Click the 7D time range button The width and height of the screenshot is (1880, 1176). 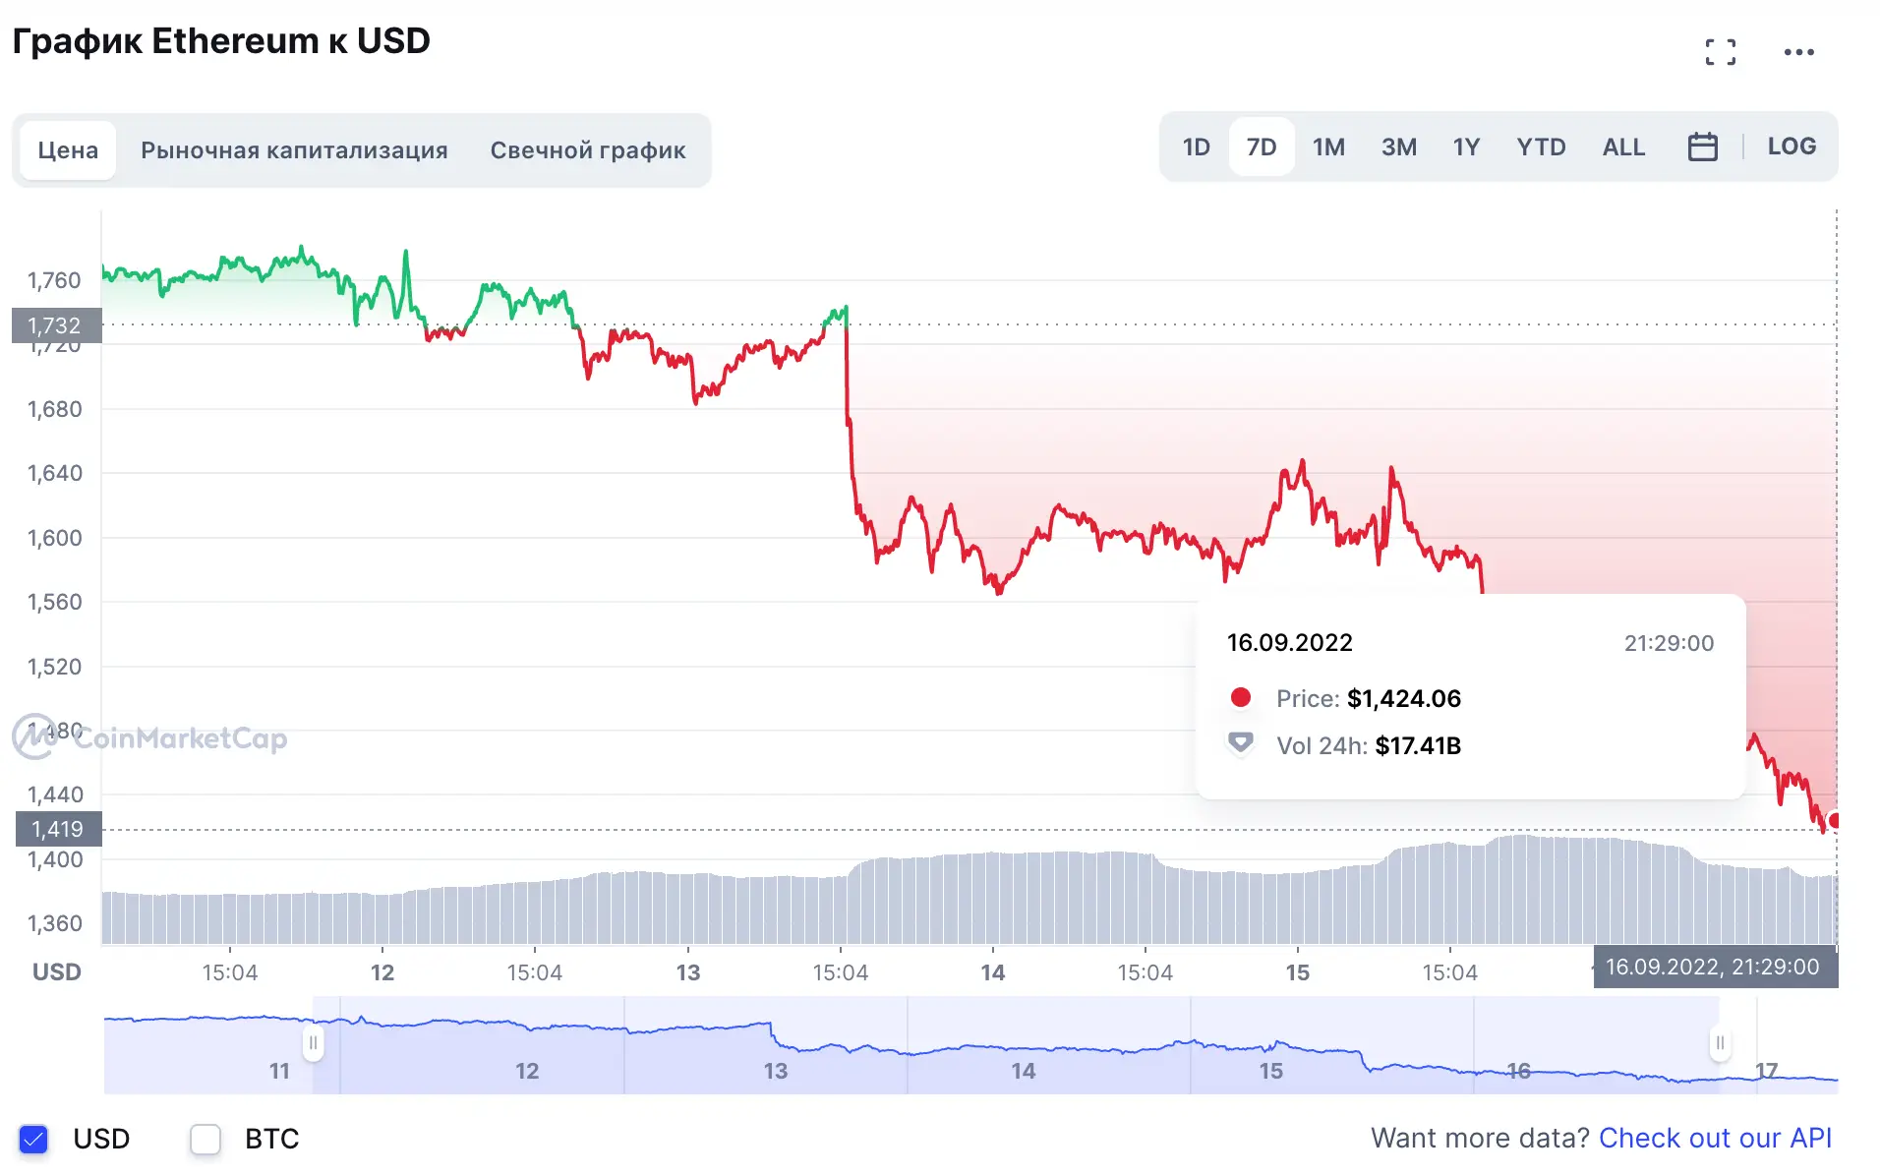[1261, 147]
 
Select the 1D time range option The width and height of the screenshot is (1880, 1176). [1196, 147]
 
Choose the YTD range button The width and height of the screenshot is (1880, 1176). [1540, 147]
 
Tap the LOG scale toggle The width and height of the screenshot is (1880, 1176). [1791, 147]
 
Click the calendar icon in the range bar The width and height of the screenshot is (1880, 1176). [1702, 147]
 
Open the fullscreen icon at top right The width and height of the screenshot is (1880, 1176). [1720, 52]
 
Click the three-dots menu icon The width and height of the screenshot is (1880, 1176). [1798, 52]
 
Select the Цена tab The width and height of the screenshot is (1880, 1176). [68, 150]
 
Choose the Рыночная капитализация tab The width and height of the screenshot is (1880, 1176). [294, 150]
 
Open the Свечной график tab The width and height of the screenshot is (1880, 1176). [588, 150]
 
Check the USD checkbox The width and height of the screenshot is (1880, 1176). [33, 1139]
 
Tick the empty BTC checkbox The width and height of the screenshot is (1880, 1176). [206, 1139]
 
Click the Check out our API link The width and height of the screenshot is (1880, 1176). [1715, 1138]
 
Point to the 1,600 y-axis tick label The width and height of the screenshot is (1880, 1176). [55, 538]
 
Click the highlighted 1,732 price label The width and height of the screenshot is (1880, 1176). [55, 325]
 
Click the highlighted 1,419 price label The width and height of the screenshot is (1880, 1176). [57, 829]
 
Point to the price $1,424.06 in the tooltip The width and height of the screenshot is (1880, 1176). [1403, 698]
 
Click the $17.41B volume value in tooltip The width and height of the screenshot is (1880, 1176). [1417, 745]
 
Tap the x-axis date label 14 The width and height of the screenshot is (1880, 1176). [992, 972]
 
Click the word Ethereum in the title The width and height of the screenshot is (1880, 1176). [235, 41]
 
